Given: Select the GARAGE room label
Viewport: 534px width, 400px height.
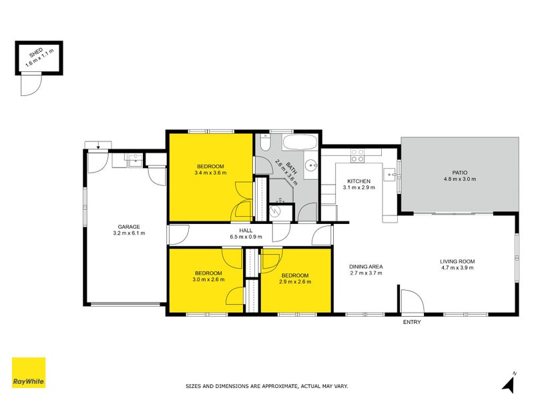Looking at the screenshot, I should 129,227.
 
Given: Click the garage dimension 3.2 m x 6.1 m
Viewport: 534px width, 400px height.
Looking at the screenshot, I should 129,233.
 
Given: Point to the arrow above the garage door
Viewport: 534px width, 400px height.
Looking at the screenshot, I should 99,145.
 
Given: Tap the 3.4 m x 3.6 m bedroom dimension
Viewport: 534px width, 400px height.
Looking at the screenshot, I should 210,173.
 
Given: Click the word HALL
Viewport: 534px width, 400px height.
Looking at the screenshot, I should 246,230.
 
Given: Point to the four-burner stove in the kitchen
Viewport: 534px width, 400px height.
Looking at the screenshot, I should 358,155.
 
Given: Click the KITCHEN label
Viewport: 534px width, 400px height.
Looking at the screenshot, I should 358,181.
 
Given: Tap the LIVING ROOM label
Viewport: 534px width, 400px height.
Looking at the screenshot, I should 457,261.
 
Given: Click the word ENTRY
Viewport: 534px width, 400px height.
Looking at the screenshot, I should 412,322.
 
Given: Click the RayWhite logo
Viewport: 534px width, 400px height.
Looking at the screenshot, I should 29,373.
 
